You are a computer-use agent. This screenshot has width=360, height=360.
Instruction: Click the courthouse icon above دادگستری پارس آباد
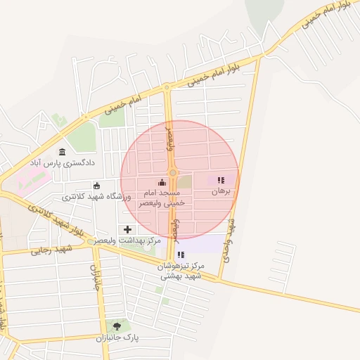tap(62, 152)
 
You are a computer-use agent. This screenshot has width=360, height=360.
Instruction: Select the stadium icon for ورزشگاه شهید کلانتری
tap(96, 186)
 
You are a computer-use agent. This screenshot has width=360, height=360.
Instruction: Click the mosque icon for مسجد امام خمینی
tap(162, 182)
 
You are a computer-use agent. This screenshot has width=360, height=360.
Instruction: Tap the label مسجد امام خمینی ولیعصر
tap(162, 197)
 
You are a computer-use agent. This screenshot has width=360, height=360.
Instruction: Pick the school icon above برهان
tap(221, 180)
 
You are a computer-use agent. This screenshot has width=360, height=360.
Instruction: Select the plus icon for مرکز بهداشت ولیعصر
tap(127, 229)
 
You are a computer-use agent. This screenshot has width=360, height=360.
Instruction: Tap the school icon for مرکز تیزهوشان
tap(181, 255)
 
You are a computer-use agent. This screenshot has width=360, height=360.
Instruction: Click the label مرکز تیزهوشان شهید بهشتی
tap(181, 271)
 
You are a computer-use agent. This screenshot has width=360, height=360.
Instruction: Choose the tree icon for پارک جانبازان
tap(117, 326)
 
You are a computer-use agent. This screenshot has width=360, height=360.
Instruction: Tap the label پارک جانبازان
tap(117, 337)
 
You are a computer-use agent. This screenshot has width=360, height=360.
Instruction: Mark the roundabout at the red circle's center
tap(172, 173)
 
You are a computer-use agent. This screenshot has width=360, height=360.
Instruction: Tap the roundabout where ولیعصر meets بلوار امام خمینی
tap(167, 88)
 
